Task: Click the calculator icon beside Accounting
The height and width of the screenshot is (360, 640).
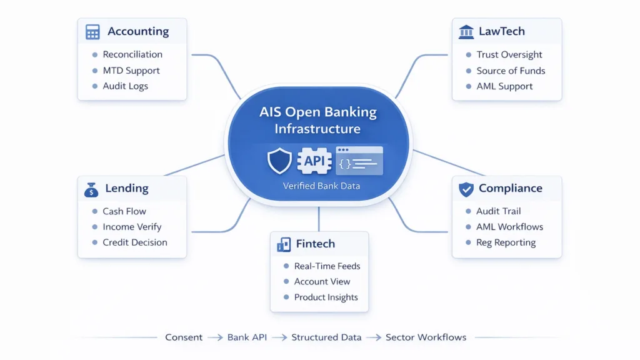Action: click(92, 32)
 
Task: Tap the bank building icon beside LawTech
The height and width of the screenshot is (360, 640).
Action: click(466, 32)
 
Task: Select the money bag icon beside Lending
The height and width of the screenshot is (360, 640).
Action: click(91, 189)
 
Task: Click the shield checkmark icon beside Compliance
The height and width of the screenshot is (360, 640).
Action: click(466, 189)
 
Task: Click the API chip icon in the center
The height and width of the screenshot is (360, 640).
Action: click(313, 161)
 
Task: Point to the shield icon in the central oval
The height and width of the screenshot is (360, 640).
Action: click(279, 161)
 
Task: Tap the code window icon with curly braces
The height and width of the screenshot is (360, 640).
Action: click(359, 161)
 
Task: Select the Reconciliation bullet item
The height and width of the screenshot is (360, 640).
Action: click(132, 54)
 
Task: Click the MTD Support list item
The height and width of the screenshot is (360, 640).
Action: click(131, 71)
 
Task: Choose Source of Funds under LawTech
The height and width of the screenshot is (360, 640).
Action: click(510, 71)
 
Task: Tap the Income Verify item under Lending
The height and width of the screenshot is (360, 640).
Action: click(131, 227)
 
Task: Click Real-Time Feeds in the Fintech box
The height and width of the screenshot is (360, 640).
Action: click(327, 266)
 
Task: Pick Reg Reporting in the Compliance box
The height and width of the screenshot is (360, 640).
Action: click(506, 242)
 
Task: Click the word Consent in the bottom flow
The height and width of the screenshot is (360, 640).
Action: click(184, 337)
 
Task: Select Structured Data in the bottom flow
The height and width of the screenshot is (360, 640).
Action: click(326, 337)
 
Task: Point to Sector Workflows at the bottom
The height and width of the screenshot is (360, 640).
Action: click(426, 337)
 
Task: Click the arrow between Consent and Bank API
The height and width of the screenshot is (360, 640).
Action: click(215, 337)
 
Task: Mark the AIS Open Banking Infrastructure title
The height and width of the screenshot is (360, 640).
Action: click(318, 121)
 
